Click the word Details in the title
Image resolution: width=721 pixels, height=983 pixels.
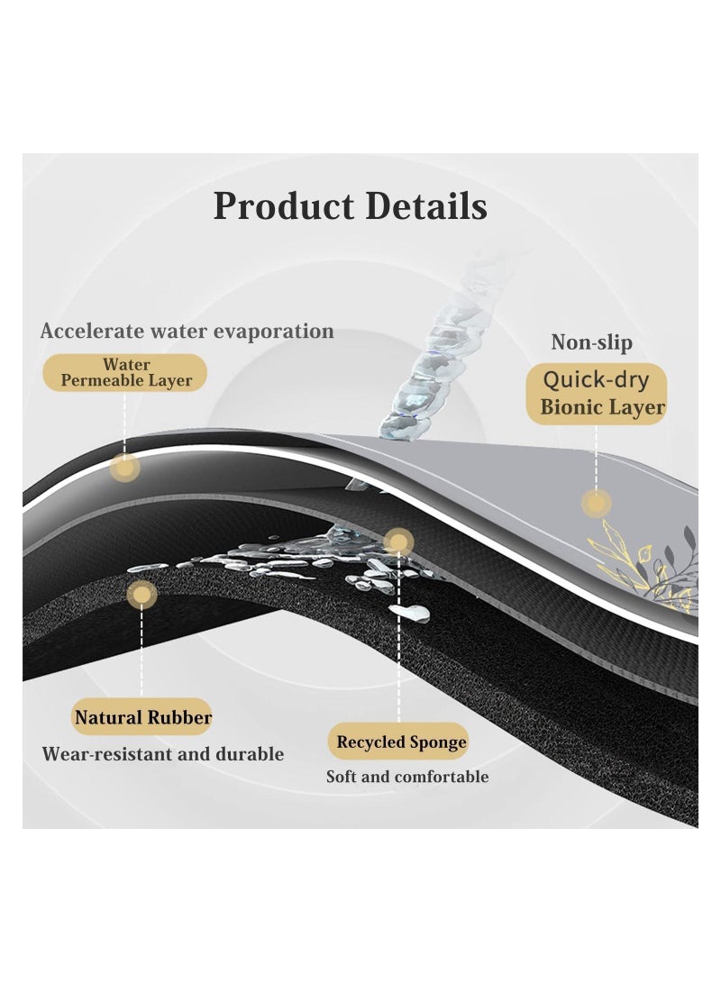(426, 205)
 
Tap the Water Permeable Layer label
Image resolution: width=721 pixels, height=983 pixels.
(124, 372)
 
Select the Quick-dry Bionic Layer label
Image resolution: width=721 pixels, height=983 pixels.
(597, 394)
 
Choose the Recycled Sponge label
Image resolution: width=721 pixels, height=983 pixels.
(398, 742)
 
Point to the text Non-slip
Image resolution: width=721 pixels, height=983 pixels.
(592, 342)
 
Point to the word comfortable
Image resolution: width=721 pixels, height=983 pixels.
(442, 777)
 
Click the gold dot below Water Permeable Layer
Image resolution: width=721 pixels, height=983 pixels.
(124, 468)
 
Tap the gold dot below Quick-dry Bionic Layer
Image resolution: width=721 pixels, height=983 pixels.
(596, 504)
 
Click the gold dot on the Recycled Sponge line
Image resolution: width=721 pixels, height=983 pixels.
(398, 542)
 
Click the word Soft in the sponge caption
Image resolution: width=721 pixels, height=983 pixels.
(341, 777)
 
